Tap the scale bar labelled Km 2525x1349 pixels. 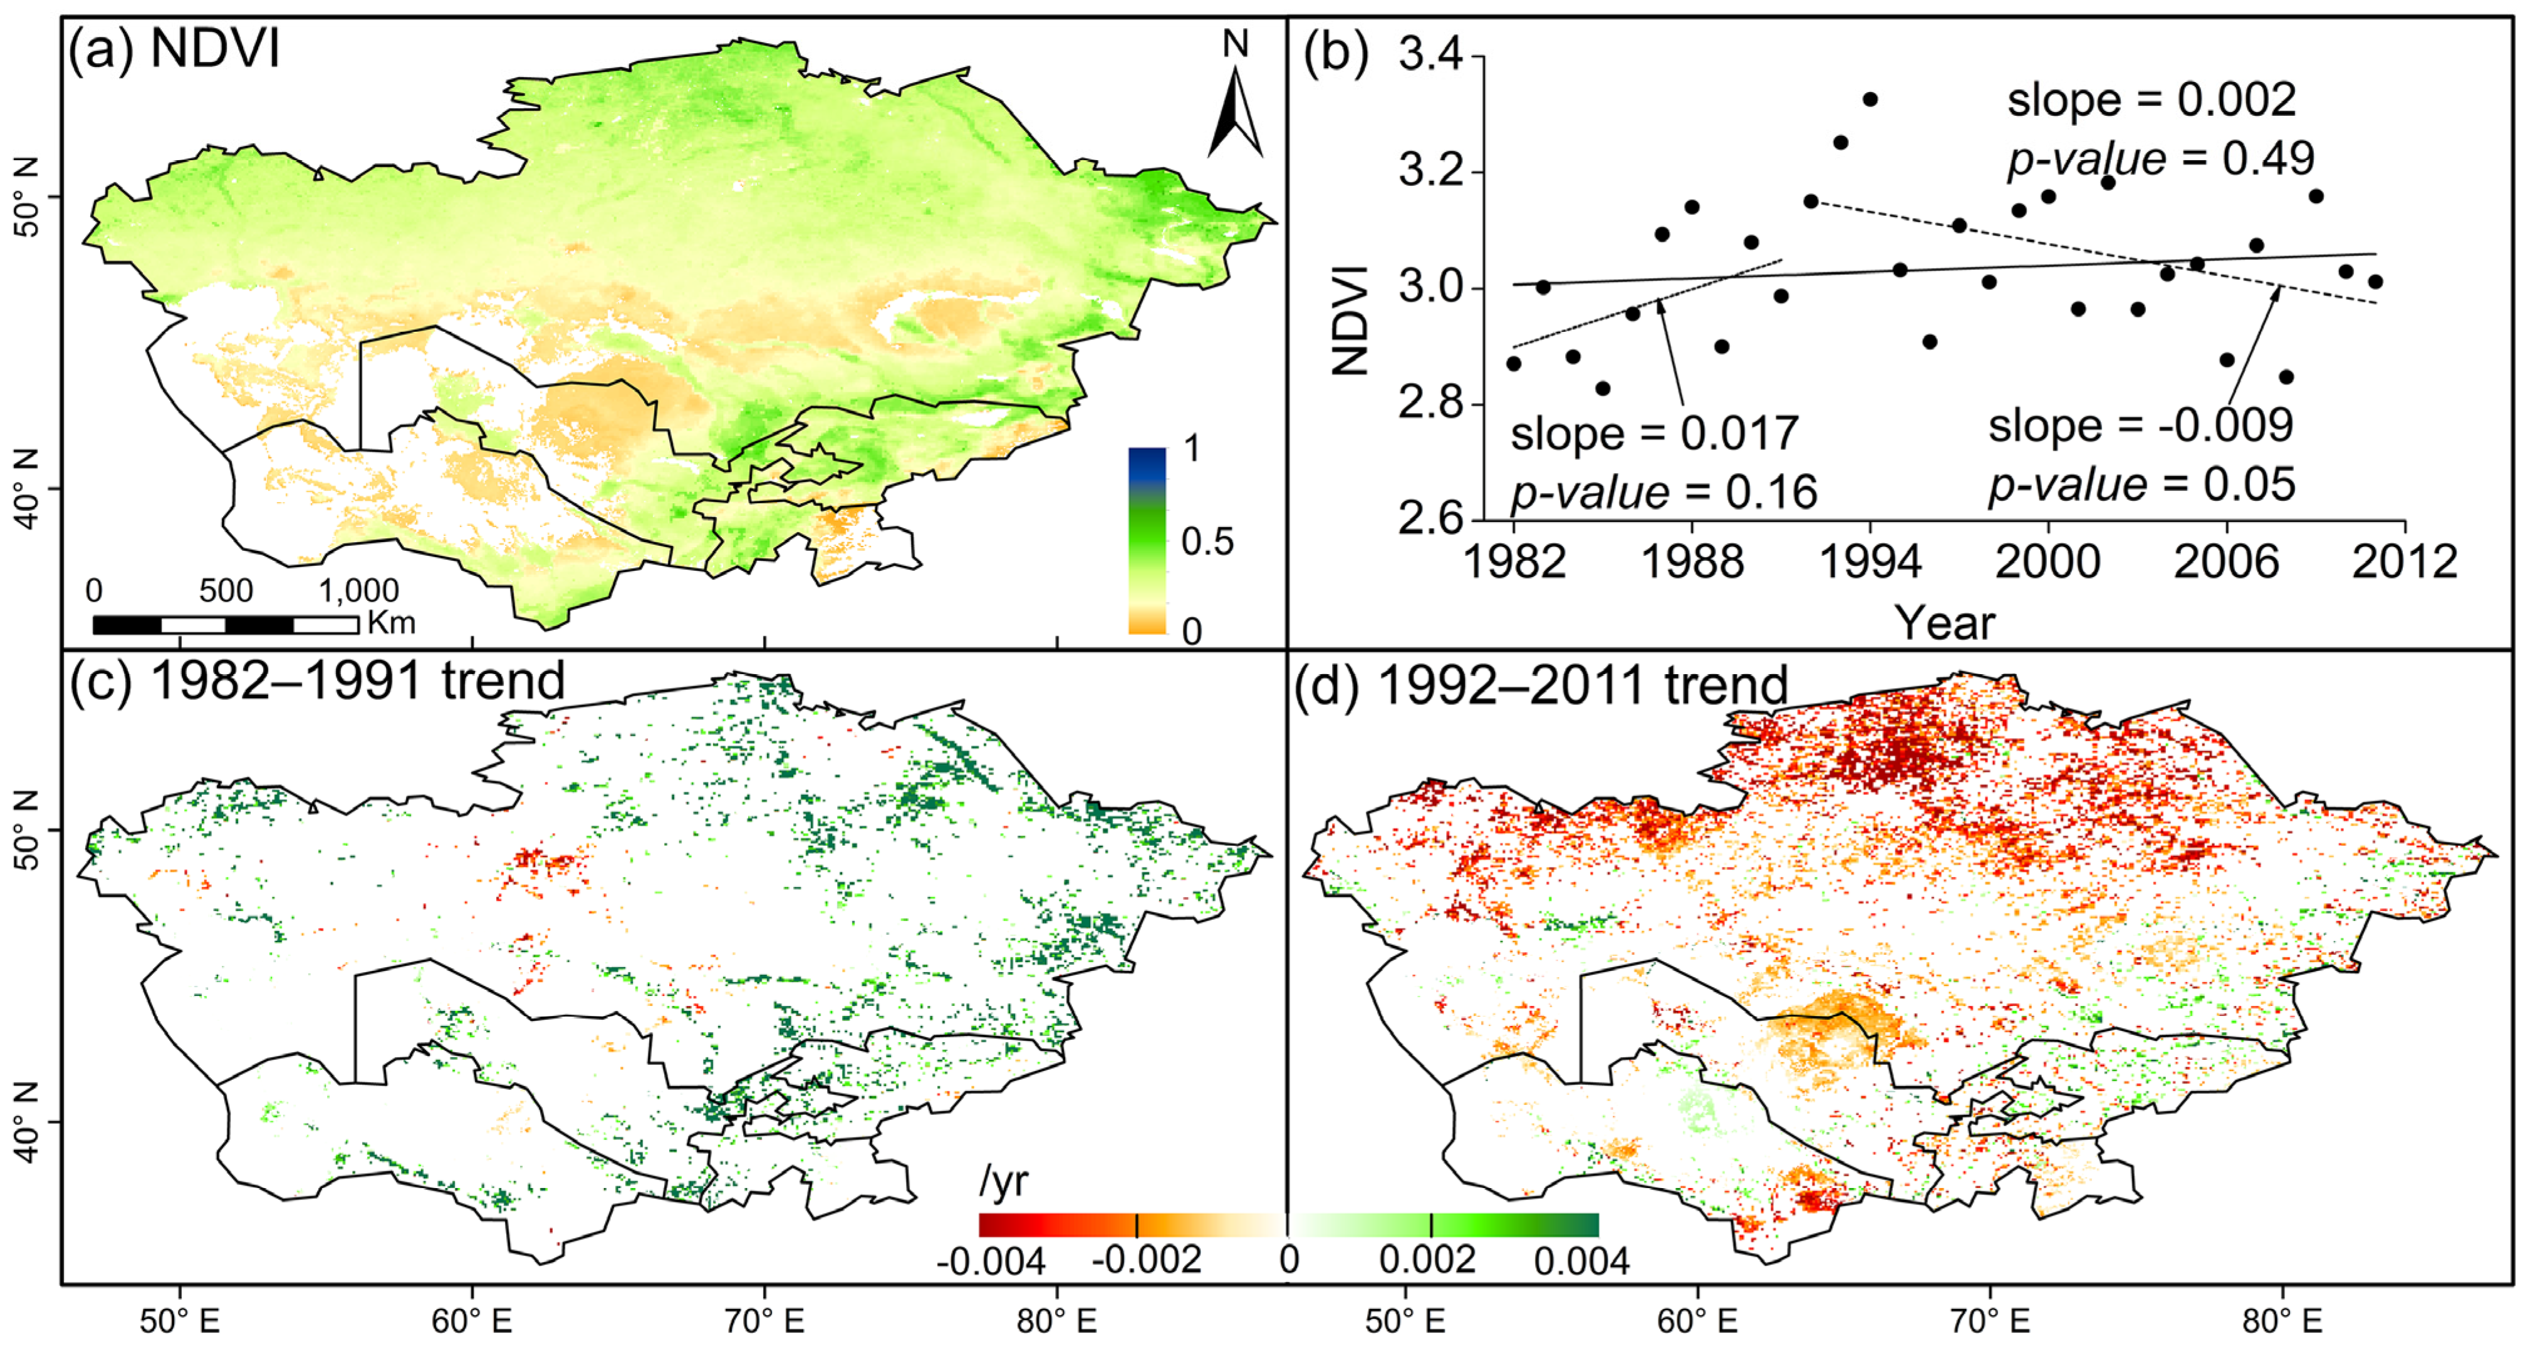(226, 624)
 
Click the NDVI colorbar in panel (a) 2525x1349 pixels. (1148, 540)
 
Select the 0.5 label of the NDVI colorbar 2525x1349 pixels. (1207, 541)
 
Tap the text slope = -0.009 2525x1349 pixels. (2141, 425)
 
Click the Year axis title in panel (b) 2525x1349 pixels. (1944, 623)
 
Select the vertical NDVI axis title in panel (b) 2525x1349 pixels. (1351, 321)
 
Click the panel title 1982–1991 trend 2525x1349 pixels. (358, 680)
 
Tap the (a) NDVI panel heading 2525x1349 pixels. (174, 47)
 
